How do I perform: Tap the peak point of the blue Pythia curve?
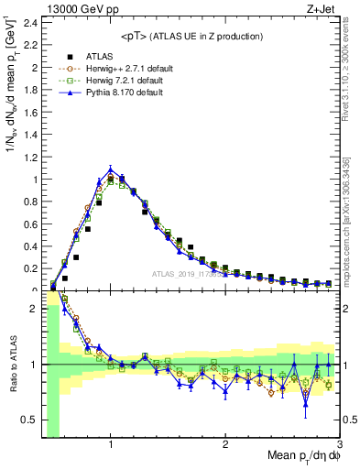tap(111, 169)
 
